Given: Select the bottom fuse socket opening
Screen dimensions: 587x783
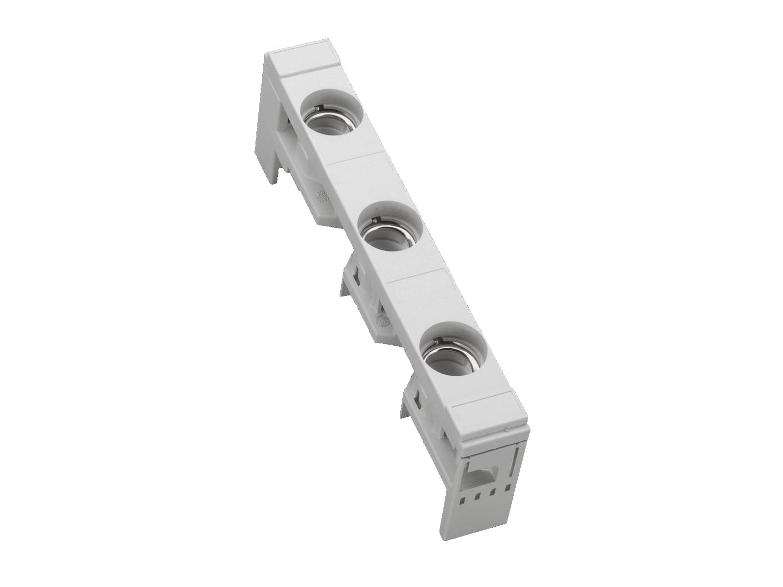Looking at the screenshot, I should (x=453, y=347).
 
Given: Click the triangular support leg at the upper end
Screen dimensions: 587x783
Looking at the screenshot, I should (x=272, y=122).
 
